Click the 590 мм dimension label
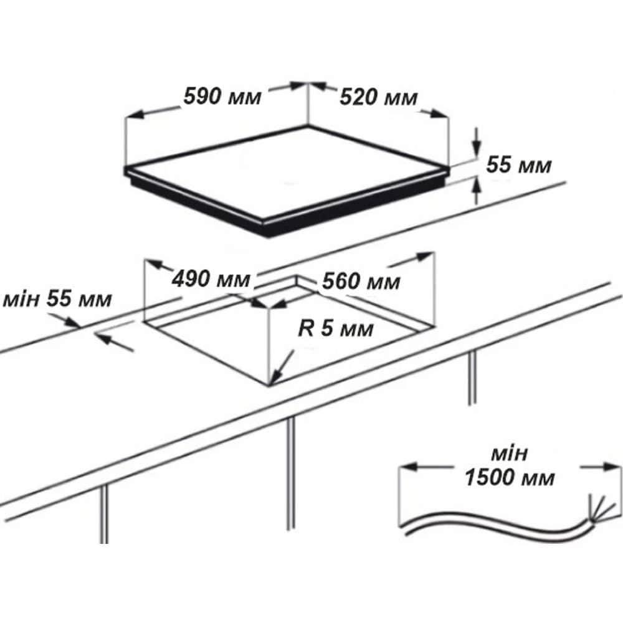click(x=222, y=97)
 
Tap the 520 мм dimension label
click(x=378, y=97)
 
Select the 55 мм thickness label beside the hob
click(x=519, y=165)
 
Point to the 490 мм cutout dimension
click(x=211, y=279)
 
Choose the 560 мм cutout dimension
click(x=361, y=282)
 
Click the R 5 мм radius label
click(x=336, y=329)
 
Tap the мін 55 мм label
click(x=57, y=300)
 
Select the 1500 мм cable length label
click(x=510, y=478)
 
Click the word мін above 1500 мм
click(x=510, y=454)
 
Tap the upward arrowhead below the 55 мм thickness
click(x=477, y=186)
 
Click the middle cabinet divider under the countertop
click(x=291, y=473)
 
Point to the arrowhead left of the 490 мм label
click(x=153, y=264)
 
